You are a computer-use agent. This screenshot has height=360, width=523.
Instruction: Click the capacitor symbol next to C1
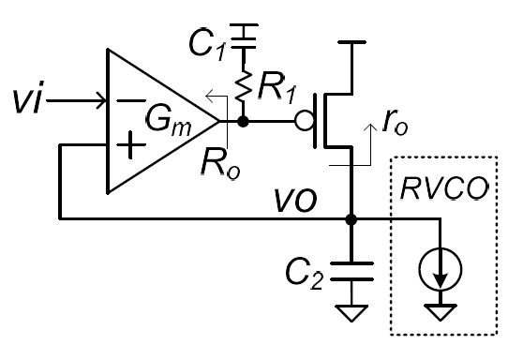(245, 37)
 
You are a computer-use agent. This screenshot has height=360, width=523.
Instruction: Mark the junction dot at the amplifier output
(245, 122)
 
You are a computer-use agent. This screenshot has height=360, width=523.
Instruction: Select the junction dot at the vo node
(351, 221)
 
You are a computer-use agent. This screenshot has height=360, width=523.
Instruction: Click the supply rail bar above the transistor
(351, 44)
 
